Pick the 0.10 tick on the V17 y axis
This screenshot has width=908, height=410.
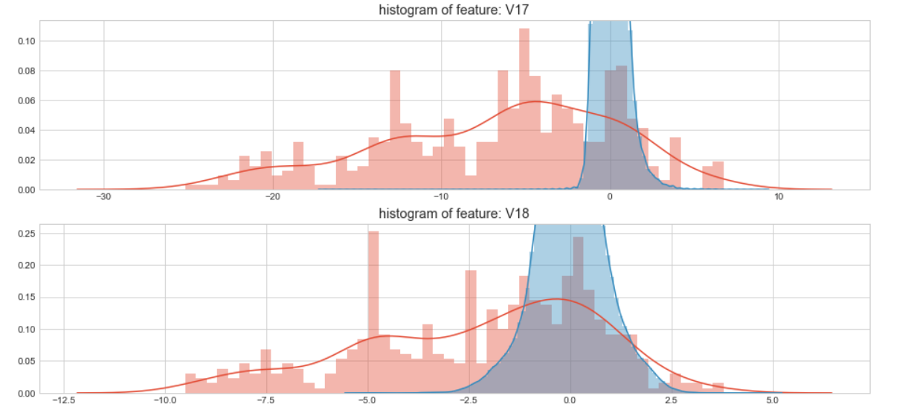pyautogui.click(x=25, y=41)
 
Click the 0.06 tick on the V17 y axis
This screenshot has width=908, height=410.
pyautogui.click(x=25, y=100)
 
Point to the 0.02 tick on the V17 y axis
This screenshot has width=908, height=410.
pyautogui.click(x=25, y=160)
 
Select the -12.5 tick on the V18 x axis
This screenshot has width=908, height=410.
pyautogui.click(x=64, y=400)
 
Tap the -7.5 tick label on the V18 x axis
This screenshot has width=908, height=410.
pyautogui.click(x=266, y=400)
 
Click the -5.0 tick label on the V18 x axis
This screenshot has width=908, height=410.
pyautogui.click(x=367, y=400)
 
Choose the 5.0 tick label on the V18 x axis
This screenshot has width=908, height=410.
pyautogui.click(x=773, y=400)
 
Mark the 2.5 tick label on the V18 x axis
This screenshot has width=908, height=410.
pyautogui.click(x=672, y=400)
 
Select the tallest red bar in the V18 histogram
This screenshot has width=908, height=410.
pyautogui.click(x=373, y=312)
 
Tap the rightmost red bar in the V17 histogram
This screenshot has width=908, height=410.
pyautogui.click(x=718, y=176)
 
